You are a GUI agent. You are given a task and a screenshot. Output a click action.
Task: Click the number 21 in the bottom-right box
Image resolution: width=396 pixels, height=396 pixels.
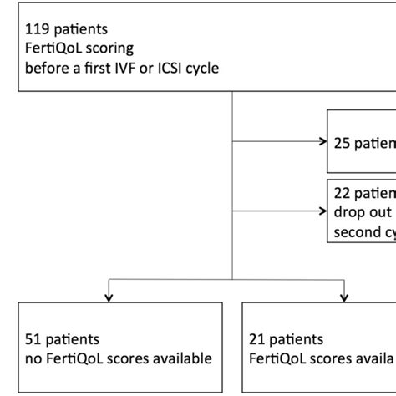[x=259, y=340]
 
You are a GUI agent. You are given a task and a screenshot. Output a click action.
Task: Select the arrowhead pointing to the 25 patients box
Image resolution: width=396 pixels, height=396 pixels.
[x=323, y=141]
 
